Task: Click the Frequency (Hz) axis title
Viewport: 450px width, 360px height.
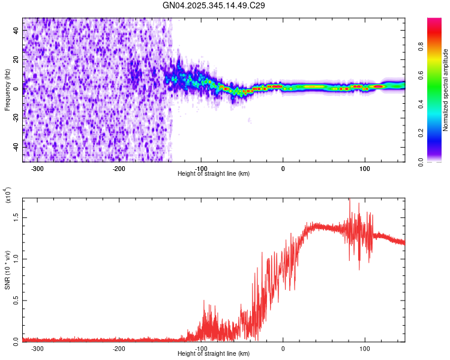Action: tap(7, 90)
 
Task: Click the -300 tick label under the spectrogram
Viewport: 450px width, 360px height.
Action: tap(37, 169)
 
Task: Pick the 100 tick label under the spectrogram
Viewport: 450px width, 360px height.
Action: tap(364, 169)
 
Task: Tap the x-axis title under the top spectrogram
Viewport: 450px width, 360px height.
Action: tap(214, 174)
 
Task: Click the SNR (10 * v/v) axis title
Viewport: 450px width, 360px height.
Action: tap(8, 268)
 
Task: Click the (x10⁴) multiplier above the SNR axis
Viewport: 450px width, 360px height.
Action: tap(8, 196)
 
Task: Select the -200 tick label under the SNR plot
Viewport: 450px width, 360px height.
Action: tap(119, 348)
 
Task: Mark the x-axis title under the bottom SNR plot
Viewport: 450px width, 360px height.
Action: tap(214, 354)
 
